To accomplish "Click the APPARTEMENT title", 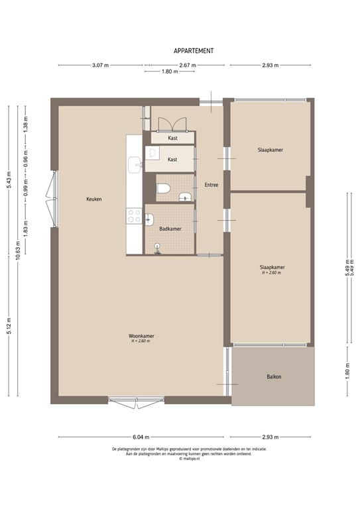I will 194,50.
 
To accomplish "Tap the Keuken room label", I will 93,199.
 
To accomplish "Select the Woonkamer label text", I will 142,337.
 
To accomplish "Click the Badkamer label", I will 170,229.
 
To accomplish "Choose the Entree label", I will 211,185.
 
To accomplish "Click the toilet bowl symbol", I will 163,190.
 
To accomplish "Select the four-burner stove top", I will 134,216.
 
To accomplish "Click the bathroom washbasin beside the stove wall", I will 149,219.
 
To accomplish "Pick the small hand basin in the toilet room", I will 184,195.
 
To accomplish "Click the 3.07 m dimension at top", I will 100,65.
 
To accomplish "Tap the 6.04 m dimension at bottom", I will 141,437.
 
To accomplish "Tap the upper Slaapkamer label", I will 270,150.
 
